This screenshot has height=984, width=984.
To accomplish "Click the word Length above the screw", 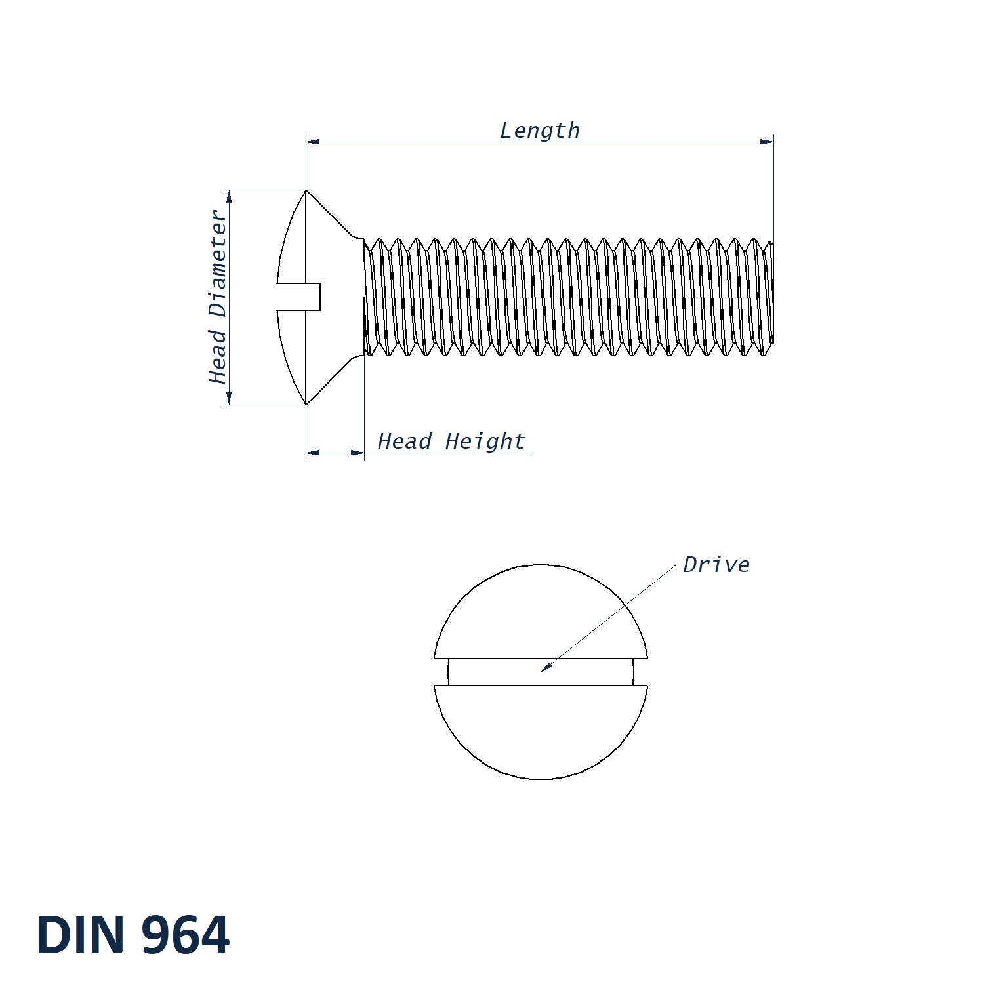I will point(540,131).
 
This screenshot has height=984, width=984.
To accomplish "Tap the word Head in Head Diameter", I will point(217,356).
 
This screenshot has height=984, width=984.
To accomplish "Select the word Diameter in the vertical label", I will point(217,264).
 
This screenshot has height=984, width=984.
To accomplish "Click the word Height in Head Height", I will point(485,441).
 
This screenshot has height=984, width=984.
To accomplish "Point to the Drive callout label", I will point(716,565).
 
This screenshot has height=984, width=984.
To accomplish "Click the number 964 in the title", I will point(186,934).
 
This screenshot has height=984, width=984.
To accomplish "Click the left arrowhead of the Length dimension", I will point(313,141).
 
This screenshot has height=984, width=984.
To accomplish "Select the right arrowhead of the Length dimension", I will point(767,141).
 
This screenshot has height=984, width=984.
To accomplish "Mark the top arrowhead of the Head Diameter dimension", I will point(228,196).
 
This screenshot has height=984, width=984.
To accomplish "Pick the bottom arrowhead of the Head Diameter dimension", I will point(228,398).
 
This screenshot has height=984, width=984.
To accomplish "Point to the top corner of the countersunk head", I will point(306,191).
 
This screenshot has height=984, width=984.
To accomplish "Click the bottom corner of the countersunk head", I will point(306,404).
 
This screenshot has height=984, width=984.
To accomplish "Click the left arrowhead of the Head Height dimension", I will point(313,452).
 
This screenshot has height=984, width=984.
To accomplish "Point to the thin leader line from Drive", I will point(610,617).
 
